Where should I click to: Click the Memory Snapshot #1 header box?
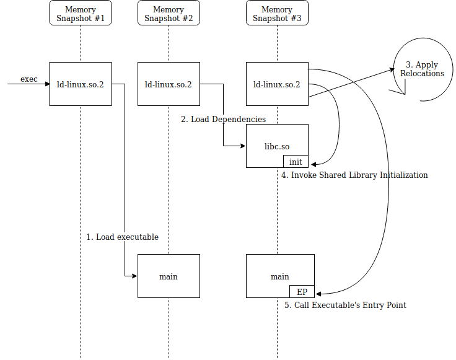[81, 13]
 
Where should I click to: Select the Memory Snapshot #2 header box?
[169, 13]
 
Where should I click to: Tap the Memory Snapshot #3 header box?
[277, 13]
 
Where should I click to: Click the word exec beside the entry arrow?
[29, 79]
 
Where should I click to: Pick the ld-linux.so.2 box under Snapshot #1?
[81, 84]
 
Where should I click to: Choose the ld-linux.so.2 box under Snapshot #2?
[169, 84]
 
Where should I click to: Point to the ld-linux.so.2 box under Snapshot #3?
[277, 84]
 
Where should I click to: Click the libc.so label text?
[277, 146]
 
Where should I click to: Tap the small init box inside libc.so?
[296, 162]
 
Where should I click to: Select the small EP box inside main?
[302, 292]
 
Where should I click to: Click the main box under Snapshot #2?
[169, 276]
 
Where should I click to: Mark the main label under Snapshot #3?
[280, 276]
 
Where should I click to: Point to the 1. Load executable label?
[122, 237]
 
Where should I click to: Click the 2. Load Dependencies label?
[223, 119]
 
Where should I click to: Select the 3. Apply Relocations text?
[422, 69]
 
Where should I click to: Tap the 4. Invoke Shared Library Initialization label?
[354, 175]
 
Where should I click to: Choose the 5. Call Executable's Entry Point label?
[345, 305]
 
